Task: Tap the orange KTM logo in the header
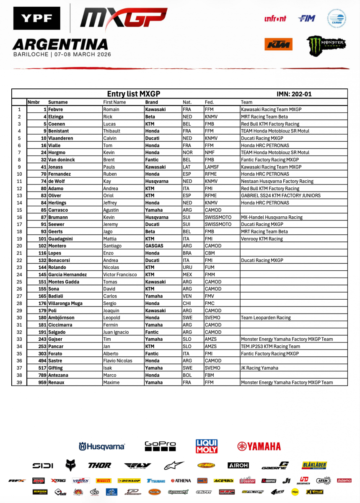pyautogui.click(x=278, y=44)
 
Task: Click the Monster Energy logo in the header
pyautogui.click(x=326, y=45)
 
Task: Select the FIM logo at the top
pyautogui.click(x=306, y=18)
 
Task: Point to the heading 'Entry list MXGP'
pyautogui.click(x=134, y=94)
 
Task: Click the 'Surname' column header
pyautogui.click(x=58, y=102)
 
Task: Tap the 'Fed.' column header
pyautogui.click(x=209, y=102)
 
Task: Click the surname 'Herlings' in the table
pyautogui.click(x=58, y=203)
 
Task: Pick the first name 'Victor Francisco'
pyautogui.click(x=120, y=275)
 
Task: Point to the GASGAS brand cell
pyautogui.click(x=154, y=246)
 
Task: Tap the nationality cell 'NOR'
pyautogui.click(x=187, y=153)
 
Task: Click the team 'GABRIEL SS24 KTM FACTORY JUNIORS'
pyautogui.click(x=281, y=196)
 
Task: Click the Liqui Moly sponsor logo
pyautogui.click(x=207, y=446)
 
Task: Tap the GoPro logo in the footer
pyautogui.click(x=160, y=446)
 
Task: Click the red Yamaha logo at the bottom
pyautogui.click(x=259, y=446)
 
